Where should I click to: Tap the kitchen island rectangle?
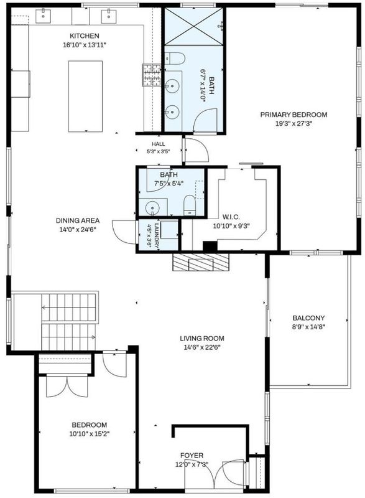click(x=85, y=96)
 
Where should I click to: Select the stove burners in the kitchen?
click(x=152, y=75)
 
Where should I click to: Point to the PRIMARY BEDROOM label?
click(x=293, y=115)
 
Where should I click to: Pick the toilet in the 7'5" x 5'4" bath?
click(x=189, y=205)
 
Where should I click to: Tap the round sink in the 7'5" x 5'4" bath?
click(x=152, y=209)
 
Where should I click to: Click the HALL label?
click(x=158, y=144)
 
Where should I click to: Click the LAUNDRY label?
click(x=156, y=235)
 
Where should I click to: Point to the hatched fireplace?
click(x=201, y=262)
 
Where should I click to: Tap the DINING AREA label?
click(x=78, y=220)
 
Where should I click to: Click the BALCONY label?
click(x=308, y=318)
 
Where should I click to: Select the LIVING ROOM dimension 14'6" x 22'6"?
click(x=202, y=347)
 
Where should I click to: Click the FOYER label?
click(x=192, y=456)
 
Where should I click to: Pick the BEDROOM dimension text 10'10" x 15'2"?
click(x=89, y=434)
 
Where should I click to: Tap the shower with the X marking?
click(x=194, y=27)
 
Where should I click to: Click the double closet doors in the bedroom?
click(x=67, y=386)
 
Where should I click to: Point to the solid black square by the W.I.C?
click(x=210, y=247)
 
